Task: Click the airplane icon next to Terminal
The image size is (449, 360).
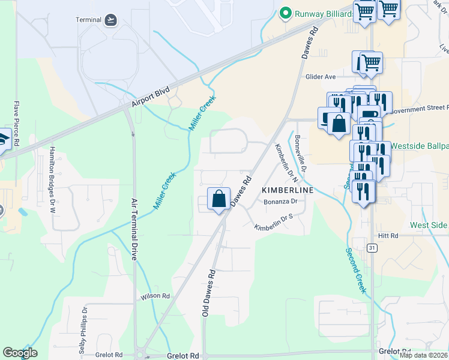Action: tap(110, 20)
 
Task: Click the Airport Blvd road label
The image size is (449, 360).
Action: tap(151, 99)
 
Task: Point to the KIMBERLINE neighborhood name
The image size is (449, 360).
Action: tap(288, 190)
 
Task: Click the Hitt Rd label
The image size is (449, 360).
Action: tap(388, 236)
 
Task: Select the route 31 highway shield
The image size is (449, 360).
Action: tap(372, 248)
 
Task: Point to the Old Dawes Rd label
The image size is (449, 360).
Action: tap(208, 292)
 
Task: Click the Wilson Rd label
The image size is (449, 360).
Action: tap(155, 296)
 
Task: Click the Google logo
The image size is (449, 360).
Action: tap(20, 352)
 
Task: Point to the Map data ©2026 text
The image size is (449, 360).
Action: tap(423, 355)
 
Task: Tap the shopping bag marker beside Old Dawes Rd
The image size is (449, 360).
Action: tap(219, 198)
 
